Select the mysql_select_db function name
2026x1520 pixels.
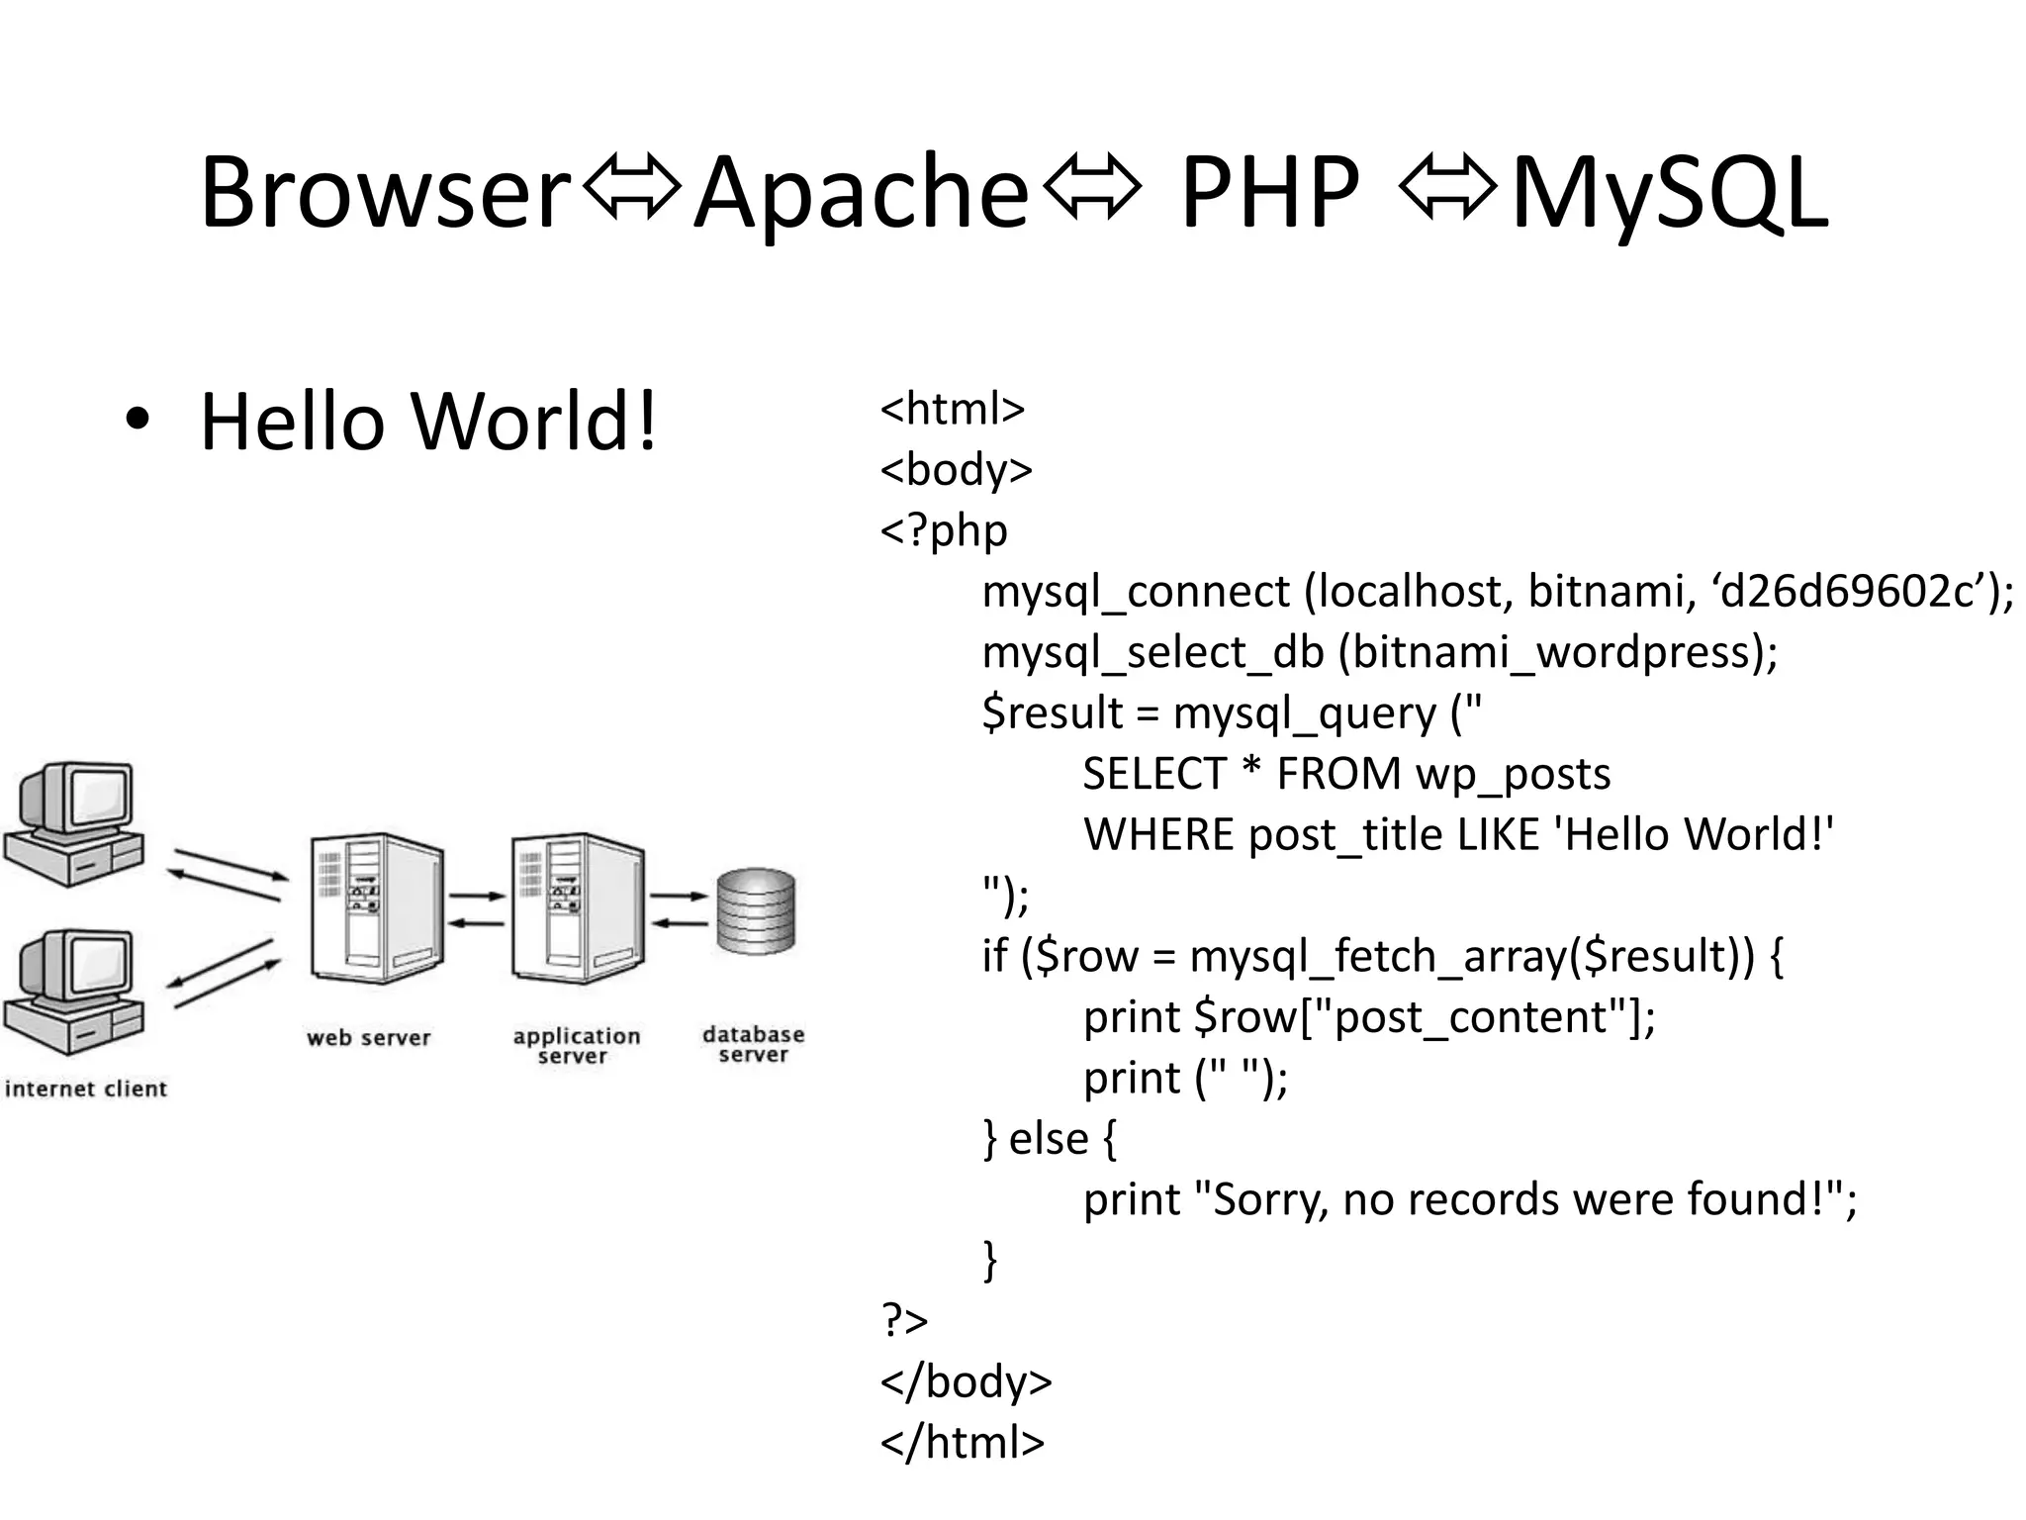point(1152,653)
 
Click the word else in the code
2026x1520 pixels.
point(1048,1139)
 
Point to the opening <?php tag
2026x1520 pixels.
point(944,531)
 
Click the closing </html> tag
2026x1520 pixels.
point(962,1443)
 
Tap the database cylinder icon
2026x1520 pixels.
point(756,911)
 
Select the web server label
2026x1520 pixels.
point(369,1038)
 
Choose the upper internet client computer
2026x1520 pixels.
point(74,821)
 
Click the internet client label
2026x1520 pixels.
point(86,1090)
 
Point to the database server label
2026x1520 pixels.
point(754,1044)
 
